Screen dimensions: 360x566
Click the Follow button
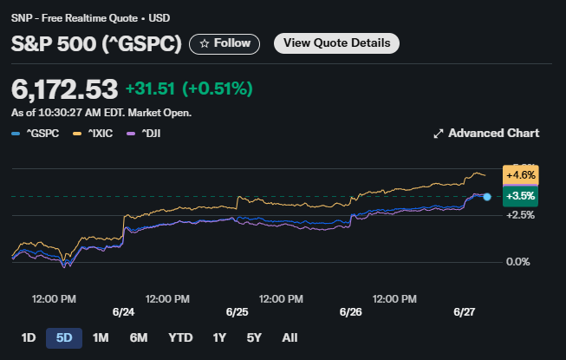click(225, 43)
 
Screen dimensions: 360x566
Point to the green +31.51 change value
click(150, 88)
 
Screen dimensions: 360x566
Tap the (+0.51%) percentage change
click(215, 88)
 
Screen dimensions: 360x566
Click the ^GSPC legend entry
click(36, 134)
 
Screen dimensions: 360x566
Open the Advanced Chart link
click(485, 133)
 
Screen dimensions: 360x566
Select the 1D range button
click(28, 337)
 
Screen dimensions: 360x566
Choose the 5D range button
click(63, 337)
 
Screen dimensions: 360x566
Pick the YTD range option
click(180, 337)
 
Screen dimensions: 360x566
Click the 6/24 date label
click(123, 311)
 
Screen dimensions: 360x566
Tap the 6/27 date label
click(465, 311)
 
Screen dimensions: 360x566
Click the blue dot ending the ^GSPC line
click(487, 198)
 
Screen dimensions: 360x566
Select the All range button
click(290, 337)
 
